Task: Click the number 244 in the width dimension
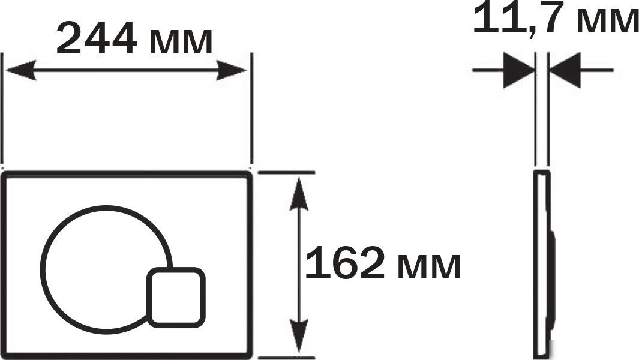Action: click(x=97, y=39)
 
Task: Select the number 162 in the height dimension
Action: click(x=344, y=263)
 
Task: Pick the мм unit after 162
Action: click(x=429, y=266)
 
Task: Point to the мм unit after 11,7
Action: click(x=608, y=21)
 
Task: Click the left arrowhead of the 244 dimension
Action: click(x=20, y=70)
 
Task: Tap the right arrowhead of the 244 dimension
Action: click(x=232, y=70)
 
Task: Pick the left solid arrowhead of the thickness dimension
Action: click(x=518, y=70)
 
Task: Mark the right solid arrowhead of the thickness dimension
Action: click(x=565, y=70)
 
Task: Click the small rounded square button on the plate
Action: click(x=176, y=297)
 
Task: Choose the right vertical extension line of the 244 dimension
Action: click(x=251, y=108)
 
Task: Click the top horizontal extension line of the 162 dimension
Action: click(x=286, y=172)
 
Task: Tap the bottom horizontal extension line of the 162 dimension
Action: click(x=286, y=358)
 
